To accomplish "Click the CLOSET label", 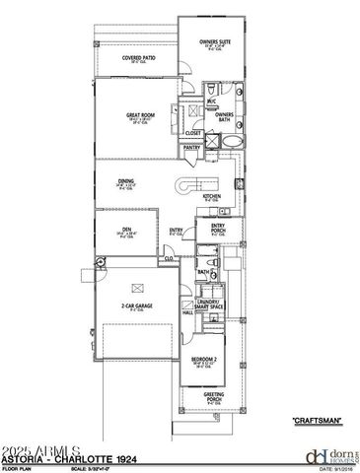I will tap(192, 133).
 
